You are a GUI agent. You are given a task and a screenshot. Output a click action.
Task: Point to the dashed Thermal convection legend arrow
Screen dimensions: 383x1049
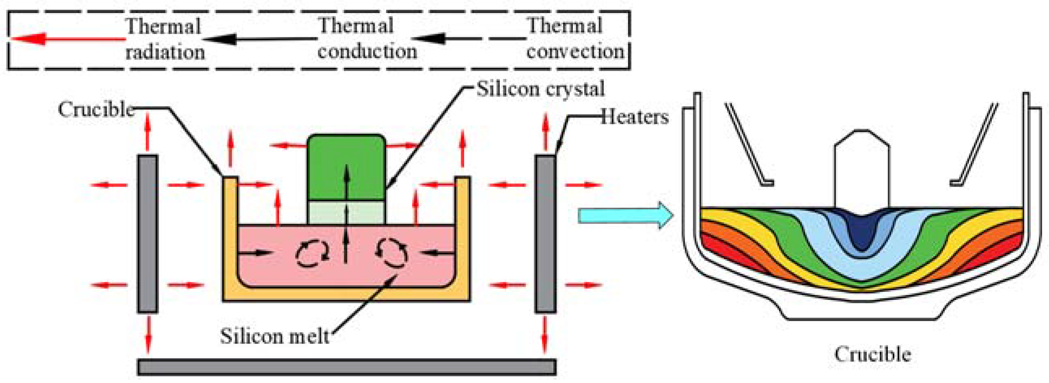468,39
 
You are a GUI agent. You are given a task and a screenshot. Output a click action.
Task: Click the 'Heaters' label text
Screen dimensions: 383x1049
635,117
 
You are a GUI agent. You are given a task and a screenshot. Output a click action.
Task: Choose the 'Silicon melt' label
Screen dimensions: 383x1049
274,336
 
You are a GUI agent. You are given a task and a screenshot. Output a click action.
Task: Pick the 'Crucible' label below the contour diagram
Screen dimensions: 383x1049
872,354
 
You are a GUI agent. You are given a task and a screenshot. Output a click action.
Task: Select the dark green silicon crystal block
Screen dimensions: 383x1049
347,167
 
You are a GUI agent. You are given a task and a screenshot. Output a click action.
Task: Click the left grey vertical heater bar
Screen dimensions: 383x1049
147,234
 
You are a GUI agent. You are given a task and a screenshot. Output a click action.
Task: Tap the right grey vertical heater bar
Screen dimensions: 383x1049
545,234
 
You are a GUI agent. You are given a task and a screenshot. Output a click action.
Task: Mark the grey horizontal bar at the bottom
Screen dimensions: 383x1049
347,367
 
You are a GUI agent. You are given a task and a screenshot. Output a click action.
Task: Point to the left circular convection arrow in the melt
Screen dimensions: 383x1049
312,254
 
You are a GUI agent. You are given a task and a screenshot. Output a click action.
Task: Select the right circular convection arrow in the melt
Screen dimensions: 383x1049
391,253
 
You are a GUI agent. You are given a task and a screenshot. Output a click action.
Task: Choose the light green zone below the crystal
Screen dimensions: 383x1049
347,212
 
